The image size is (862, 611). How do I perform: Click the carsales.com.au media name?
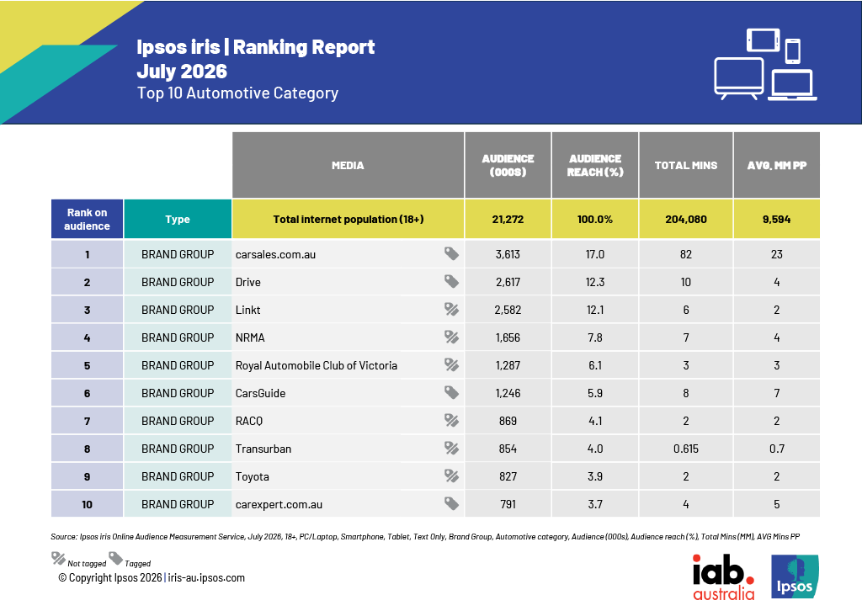click(x=275, y=254)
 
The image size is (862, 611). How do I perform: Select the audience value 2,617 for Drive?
click(x=508, y=283)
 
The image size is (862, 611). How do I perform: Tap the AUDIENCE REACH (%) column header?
click(x=595, y=165)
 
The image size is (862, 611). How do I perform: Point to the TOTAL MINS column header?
click(x=685, y=165)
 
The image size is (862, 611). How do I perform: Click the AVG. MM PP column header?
click(x=776, y=165)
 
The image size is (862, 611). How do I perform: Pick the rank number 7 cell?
click(x=87, y=421)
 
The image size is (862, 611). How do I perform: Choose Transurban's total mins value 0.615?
click(x=685, y=449)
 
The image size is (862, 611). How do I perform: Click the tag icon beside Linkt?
click(x=451, y=310)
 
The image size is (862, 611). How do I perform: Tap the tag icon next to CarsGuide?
click(x=451, y=392)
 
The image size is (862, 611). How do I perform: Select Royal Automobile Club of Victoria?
click(x=317, y=365)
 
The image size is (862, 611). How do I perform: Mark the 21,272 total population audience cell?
click(x=508, y=219)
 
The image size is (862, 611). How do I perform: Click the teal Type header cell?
click(x=178, y=219)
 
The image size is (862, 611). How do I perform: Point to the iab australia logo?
click(x=723, y=577)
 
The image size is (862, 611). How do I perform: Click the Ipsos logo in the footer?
click(x=795, y=576)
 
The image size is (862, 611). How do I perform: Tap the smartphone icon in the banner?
click(x=792, y=51)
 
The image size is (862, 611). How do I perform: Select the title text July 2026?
click(x=182, y=72)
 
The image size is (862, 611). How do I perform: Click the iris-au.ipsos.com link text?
click(x=206, y=577)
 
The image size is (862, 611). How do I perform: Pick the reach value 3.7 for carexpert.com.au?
click(x=595, y=504)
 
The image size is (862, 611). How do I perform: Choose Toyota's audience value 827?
click(x=508, y=476)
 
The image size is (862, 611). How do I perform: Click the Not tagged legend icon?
click(x=58, y=559)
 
